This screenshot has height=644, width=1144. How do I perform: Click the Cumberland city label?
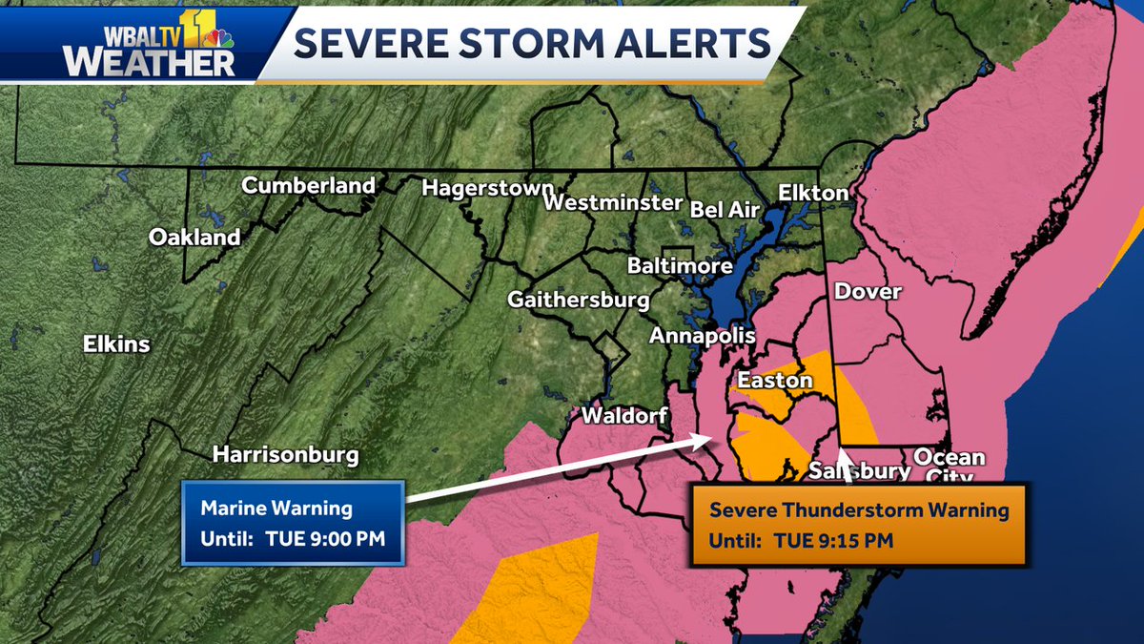tap(308, 186)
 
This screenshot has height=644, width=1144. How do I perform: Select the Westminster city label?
tap(614, 203)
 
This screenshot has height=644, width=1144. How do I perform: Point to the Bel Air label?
tap(727, 207)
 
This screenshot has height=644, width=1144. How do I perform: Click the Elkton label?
tap(812, 193)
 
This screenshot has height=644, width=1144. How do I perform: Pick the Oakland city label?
tap(194, 238)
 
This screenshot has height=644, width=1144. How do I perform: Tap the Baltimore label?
tap(680, 266)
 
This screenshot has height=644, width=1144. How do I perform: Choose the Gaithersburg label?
tap(579, 300)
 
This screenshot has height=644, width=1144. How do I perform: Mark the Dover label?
tap(868, 292)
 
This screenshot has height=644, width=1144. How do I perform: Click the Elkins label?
tap(116, 343)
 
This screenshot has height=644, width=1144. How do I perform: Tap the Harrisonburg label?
tap(286, 454)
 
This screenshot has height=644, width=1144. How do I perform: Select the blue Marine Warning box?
tap(293, 523)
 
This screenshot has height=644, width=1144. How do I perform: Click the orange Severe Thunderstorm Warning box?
tap(858, 525)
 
